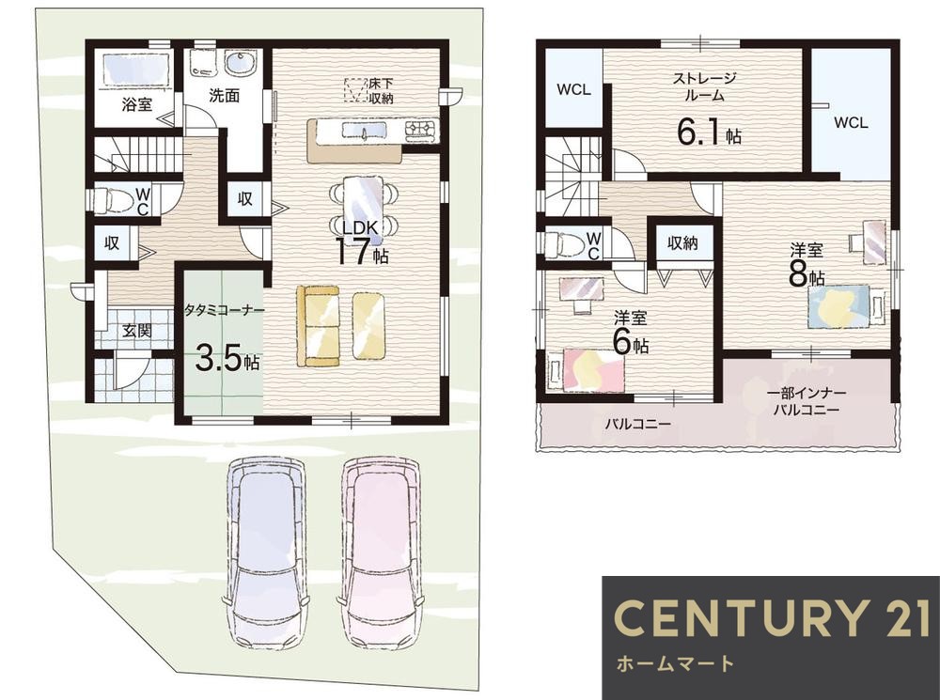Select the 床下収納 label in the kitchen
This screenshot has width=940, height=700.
pos(381,90)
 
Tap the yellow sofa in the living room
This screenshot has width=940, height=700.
pos(318,325)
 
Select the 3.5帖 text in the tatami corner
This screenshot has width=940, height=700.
pos(227,360)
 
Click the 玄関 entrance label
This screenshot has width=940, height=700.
pos(137,330)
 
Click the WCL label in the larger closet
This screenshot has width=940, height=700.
pos(851,123)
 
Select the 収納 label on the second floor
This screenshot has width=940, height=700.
pos(682,242)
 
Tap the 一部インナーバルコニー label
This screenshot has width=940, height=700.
pos(807,402)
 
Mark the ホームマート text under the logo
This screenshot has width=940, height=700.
pos(674,663)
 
